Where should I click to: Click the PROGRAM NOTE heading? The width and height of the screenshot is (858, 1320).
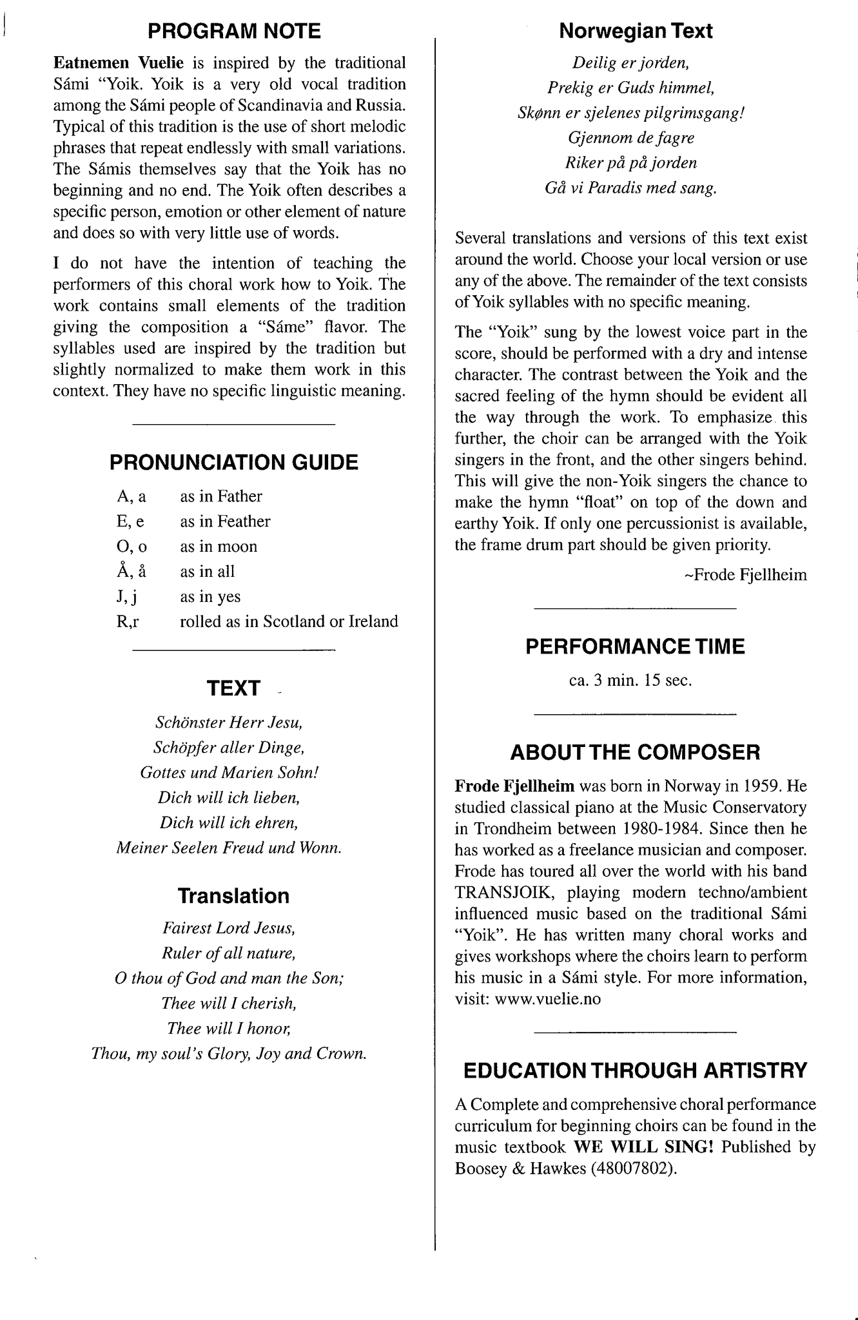point(234,31)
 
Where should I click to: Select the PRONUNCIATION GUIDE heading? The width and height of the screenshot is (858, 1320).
point(234,462)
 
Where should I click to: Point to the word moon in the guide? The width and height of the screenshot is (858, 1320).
point(237,547)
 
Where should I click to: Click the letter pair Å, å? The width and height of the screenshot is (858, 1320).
point(132,571)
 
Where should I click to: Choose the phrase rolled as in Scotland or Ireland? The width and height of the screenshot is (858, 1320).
point(289,621)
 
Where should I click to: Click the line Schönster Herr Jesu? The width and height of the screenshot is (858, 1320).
point(229,723)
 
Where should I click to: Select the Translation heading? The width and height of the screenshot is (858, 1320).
point(233,896)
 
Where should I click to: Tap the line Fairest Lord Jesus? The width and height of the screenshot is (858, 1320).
point(229,928)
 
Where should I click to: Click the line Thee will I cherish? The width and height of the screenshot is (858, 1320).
point(229,1003)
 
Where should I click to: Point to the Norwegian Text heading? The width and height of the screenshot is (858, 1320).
point(636,31)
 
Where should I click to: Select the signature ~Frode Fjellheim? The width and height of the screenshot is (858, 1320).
point(745,574)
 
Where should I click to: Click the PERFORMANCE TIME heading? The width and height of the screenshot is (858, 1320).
point(635,646)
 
